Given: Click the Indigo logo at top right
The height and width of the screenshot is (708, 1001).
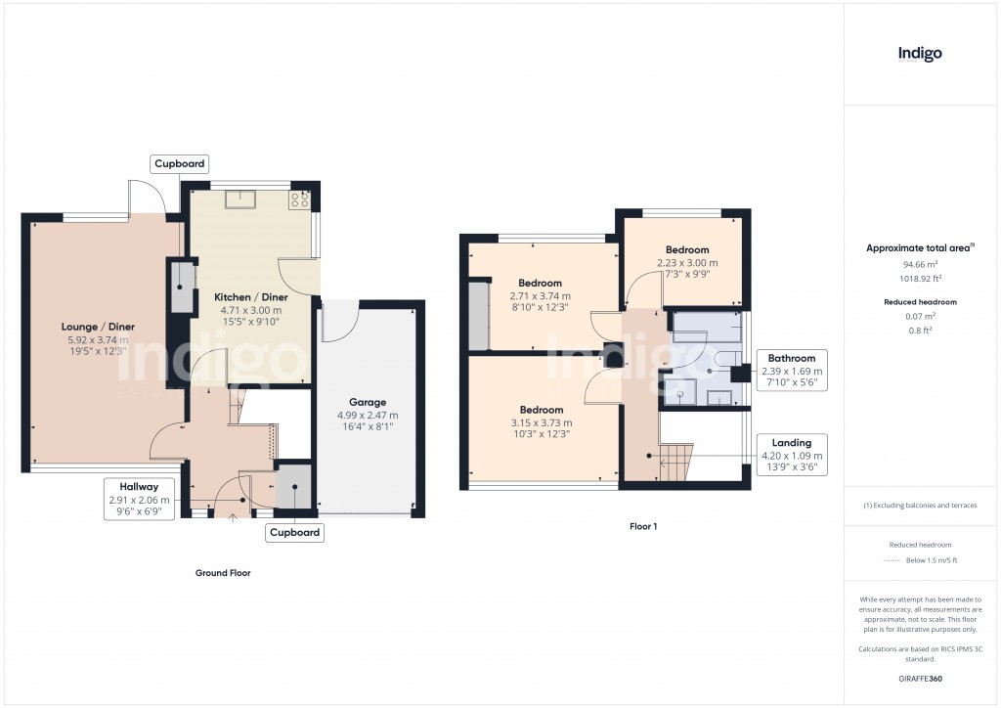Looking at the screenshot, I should click(920, 54).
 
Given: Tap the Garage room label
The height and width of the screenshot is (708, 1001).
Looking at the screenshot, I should click(368, 402).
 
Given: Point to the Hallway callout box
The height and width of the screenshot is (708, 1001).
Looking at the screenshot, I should click(139, 499).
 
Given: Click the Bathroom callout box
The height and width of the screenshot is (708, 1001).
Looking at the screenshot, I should click(792, 371).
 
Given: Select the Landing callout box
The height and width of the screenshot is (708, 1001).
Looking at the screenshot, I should click(792, 456).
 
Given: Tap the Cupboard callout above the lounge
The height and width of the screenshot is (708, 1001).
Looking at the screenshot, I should click(180, 163).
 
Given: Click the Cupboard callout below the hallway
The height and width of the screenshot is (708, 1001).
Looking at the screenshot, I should click(294, 533).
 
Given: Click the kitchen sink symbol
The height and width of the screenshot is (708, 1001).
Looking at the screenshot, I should click(239, 199).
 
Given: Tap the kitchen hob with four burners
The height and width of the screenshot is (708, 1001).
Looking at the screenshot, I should click(299, 199).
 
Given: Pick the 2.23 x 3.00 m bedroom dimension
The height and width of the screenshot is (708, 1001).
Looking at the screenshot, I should click(686, 263).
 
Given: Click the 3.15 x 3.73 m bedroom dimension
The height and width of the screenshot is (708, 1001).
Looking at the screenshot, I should click(541, 422).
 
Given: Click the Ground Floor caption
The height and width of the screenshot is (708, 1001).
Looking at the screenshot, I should click(223, 573).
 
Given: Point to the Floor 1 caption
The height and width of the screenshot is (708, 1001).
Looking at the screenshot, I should click(643, 526).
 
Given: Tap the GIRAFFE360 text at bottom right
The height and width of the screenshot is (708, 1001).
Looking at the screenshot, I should click(919, 678).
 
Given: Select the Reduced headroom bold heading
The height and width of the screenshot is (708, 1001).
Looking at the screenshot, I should click(919, 302).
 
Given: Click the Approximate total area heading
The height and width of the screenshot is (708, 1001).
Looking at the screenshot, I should click(919, 248).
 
